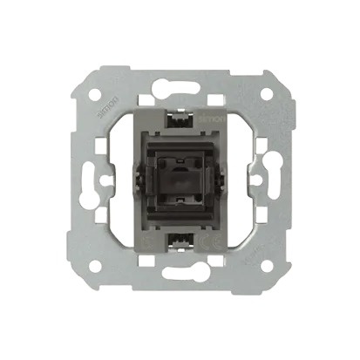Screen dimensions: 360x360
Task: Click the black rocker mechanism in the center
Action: [180, 179]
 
